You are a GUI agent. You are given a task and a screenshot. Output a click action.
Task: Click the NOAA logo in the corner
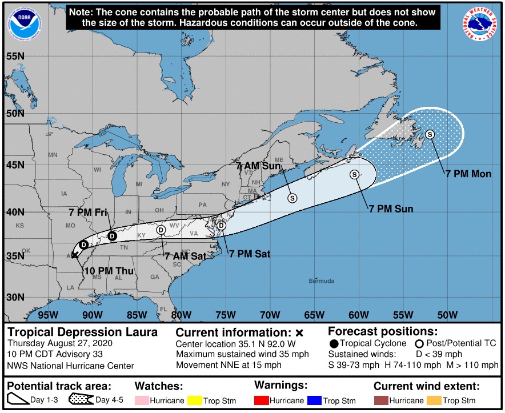pyautogui.click(x=21, y=21)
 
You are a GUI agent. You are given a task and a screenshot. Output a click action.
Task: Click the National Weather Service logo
pyautogui.click(x=479, y=23)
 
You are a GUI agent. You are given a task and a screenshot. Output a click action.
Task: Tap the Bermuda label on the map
pyautogui.click(x=320, y=281)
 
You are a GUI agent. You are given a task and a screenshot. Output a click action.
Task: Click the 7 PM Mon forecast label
pyautogui.click(x=468, y=174)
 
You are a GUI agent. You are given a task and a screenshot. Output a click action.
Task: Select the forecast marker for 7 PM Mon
pyautogui.click(x=430, y=134)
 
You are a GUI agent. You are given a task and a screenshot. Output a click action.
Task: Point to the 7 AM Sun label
pyautogui.click(x=258, y=166)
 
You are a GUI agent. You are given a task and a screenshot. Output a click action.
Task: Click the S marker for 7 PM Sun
pyautogui.click(x=355, y=174)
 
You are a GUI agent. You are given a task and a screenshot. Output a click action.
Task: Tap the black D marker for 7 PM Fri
pyautogui.click(x=112, y=236)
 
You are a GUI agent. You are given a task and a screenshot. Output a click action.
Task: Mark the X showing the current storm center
pyautogui.click(x=75, y=255)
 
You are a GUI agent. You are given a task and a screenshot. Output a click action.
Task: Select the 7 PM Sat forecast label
pyautogui.click(x=249, y=254)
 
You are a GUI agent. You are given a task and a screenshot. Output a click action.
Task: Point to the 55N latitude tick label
pyautogui.click(x=15, y=56)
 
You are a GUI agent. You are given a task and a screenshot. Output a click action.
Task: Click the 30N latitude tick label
pyautogui.click(x=15, y=297)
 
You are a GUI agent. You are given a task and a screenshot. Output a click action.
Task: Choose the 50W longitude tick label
pyautogui.click(x=447, y=315)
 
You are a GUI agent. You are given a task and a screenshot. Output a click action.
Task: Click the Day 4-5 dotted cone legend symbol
pyautogui.click(x=81, y=400)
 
